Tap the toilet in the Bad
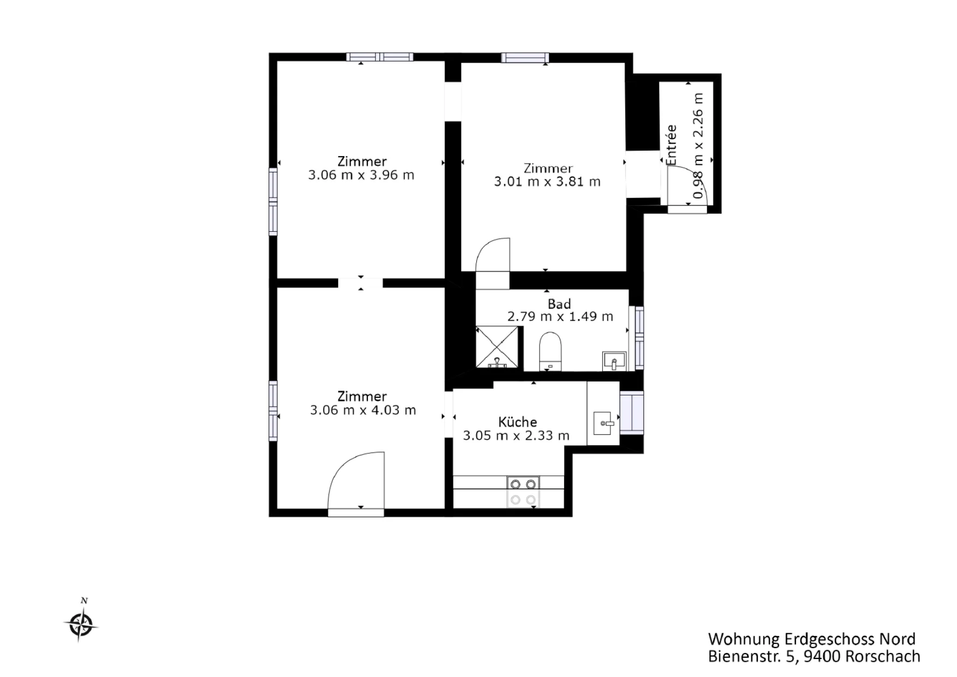[550, 351]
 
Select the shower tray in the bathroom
[497, 347]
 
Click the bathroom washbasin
[614, 361]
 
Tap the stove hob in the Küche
[523, 492]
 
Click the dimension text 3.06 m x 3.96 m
[361, 175]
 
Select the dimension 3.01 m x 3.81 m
[547, 182]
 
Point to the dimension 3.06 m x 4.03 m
[363, 410]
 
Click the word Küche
[518, 422]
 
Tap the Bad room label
[559, 304]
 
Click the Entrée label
[672, 145]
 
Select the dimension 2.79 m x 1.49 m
[560, 316]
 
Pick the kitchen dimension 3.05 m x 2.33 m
[516, 435]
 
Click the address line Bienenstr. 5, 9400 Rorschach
[814, 656]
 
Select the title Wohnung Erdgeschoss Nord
[812, 639]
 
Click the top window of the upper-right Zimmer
[525, 57]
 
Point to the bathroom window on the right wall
[639, 339]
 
